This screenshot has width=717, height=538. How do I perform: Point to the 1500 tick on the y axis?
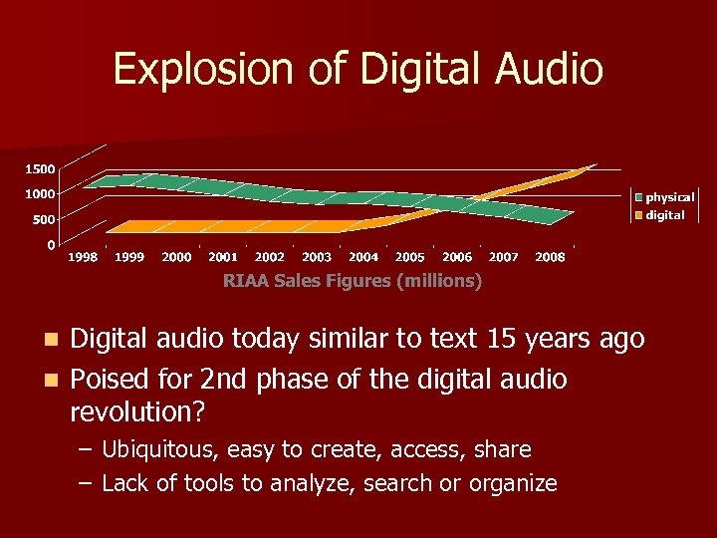40,167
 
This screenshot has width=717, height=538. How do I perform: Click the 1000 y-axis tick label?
40,193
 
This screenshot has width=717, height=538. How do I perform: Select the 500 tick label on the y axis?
44,218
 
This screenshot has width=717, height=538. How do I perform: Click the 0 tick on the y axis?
52,244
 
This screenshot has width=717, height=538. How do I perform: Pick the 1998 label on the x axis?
83,257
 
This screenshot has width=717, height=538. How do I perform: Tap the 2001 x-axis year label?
223,257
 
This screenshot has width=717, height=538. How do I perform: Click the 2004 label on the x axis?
363,257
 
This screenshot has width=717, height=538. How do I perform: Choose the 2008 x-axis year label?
550,257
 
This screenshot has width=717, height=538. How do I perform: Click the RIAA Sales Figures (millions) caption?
353,281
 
